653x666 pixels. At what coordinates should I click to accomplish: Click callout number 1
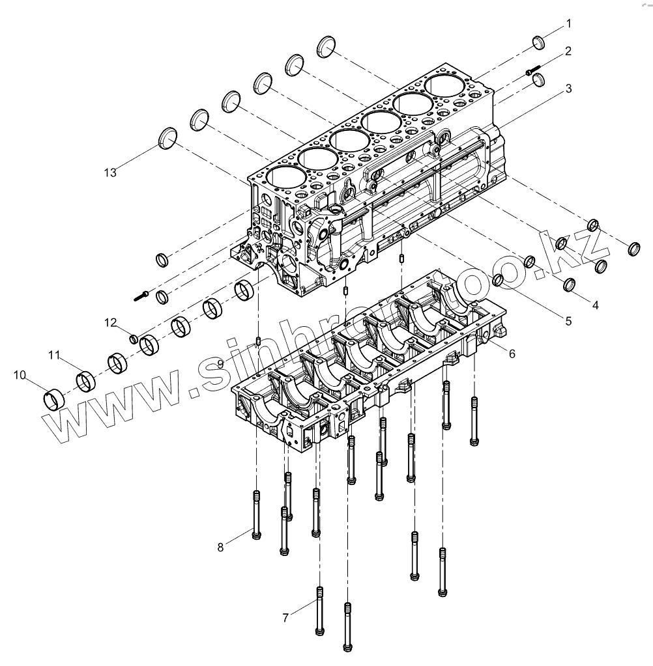[568, 24]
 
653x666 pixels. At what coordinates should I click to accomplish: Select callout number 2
[568, 51]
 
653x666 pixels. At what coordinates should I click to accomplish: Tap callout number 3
[568, 88]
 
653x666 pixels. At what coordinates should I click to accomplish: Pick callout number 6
[512, 353]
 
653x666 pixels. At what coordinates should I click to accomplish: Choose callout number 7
[285, 618]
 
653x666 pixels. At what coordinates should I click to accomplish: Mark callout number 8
[221, 548]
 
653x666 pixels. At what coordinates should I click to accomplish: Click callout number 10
[20, 375]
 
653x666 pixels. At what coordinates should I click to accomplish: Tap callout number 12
[112, 322]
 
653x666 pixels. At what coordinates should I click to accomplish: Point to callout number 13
[110, 172]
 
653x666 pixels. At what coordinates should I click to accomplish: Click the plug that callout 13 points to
[169, 137]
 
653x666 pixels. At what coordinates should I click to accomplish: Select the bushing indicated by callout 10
[53, 397]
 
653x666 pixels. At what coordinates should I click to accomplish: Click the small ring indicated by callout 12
[134, 339]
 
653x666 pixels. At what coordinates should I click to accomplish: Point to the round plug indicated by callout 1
[539, 43]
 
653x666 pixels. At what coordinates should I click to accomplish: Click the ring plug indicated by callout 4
[568, 285]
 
